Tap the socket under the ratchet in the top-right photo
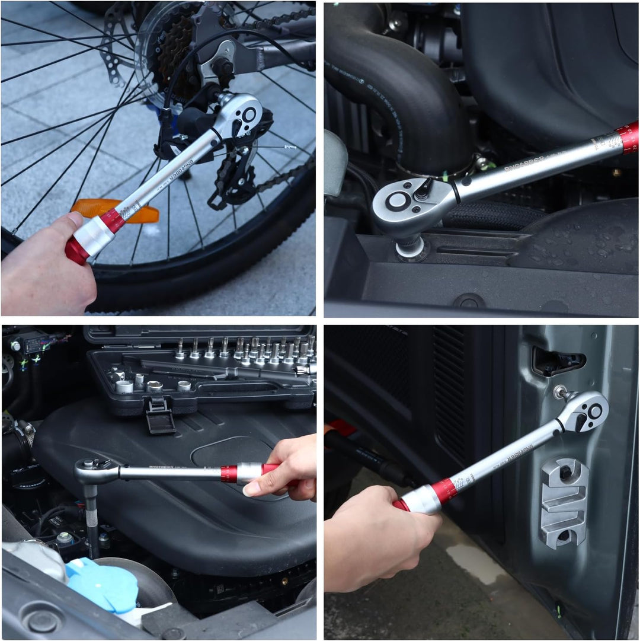(x=410, y=246)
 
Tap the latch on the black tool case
(x=160, y=415)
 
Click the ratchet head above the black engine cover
(x=95, y=471)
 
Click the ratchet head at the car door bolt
(x=584, y=412)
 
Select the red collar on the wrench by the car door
(x=444, y=491)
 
